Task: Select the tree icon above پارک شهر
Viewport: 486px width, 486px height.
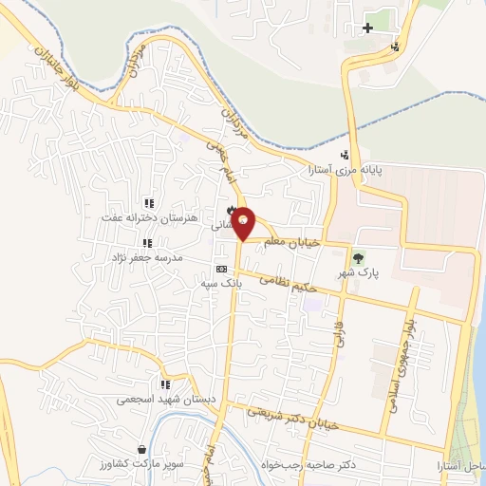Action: (358, 257)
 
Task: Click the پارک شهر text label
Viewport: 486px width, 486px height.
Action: (358, 272)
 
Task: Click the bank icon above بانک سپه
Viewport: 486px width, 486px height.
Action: (221, 269)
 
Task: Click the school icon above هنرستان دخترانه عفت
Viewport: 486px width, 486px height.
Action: (148, 202)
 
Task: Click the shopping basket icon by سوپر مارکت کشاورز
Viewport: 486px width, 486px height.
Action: (141, 450)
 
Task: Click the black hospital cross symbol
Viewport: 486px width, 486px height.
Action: (367, 28)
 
